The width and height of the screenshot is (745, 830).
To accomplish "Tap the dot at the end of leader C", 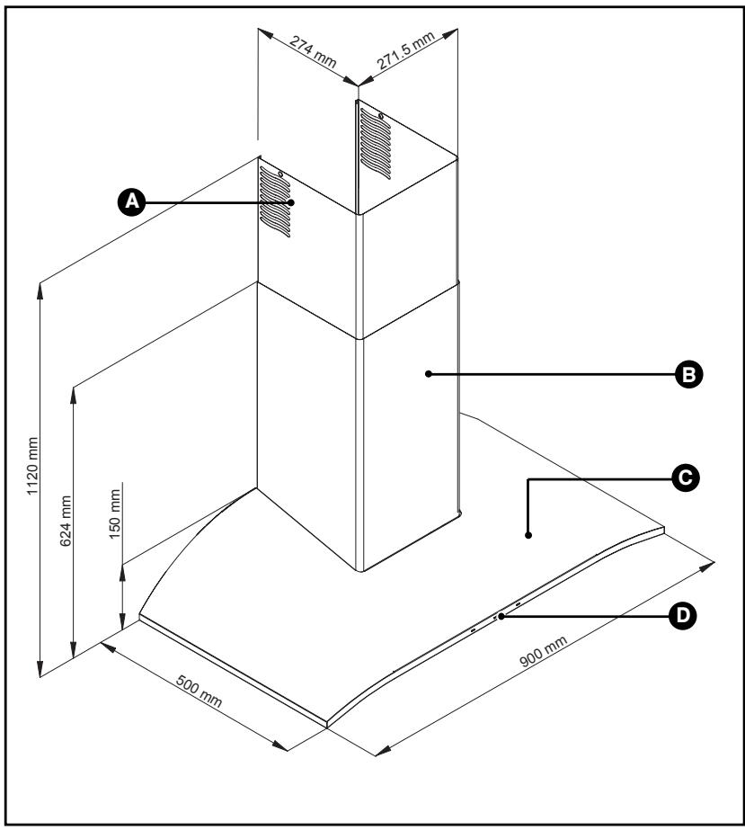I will click(528, 535).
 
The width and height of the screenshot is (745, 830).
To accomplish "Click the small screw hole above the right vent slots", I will click(380, 115).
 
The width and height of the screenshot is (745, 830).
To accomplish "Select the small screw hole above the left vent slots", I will click(282, 174).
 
